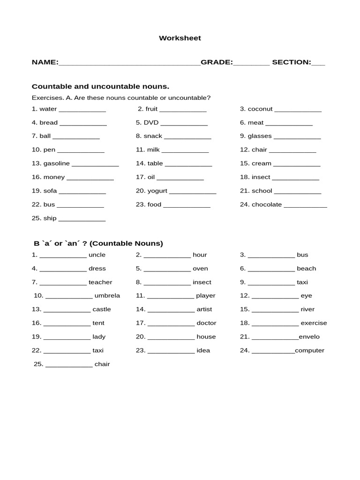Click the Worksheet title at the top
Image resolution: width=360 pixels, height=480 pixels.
(180, 38)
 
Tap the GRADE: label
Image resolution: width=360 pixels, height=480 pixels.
(217, 62)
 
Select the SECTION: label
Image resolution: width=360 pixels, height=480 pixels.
(291, 62)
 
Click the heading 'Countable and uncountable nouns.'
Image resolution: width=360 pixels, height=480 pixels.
(100, 86)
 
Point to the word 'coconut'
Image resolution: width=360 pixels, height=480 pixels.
(260, 109)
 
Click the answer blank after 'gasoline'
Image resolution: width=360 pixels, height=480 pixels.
(95, 165)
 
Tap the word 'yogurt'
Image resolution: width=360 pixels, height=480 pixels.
(157, 191)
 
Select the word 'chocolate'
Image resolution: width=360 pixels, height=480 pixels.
(267, 204)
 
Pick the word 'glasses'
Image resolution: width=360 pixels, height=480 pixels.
(260, 136)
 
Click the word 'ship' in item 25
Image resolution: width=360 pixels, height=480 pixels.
(50, 218)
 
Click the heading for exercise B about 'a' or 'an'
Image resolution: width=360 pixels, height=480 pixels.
(98, 243)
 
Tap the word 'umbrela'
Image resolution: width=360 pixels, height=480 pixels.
(107, 296)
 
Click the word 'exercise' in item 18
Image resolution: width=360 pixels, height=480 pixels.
(314, 323)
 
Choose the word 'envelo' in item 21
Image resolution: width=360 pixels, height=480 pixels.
(309, 337)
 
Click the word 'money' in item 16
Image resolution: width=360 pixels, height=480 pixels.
(54, 177)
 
